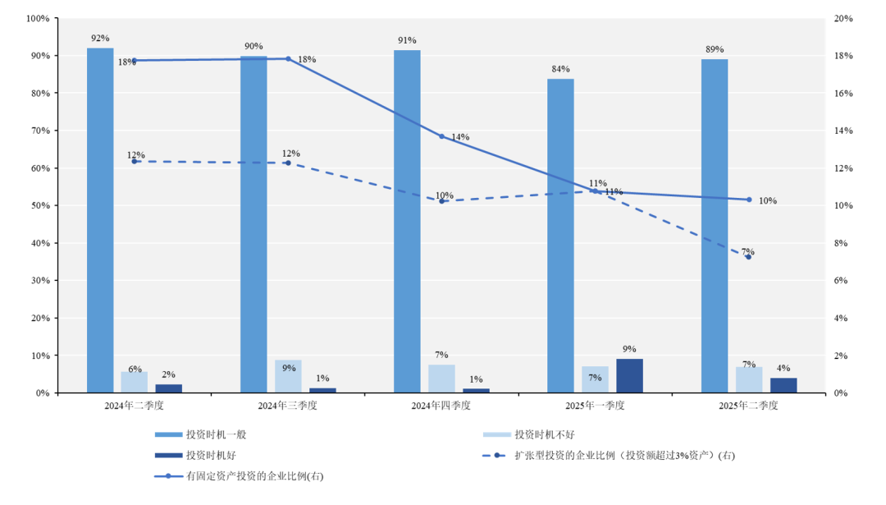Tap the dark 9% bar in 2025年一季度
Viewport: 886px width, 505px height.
coord(629,376)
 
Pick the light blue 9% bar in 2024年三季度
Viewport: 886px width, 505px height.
coord(288,376)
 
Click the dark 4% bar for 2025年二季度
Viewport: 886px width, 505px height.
coord(783,385)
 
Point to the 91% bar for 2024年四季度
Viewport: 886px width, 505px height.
coord(407,222)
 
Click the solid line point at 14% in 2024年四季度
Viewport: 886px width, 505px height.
coord(441,136)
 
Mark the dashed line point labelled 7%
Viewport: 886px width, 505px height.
coord(748,257)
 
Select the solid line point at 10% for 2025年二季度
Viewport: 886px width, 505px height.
coord(748,200)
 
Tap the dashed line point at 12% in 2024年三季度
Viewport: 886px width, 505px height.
coord(288,163)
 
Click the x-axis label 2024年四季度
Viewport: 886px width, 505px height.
coord(441,406)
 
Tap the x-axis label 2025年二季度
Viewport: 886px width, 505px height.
coord(748,406)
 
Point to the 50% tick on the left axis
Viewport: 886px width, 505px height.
coord(39,205)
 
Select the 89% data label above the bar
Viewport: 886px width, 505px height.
coord(715,49)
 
